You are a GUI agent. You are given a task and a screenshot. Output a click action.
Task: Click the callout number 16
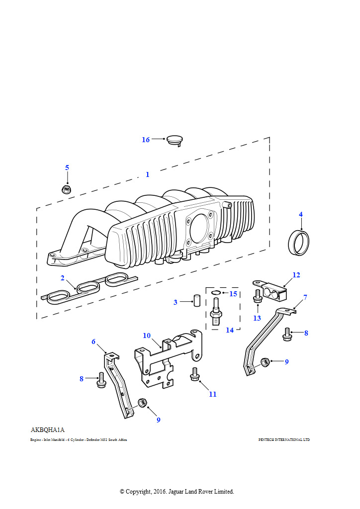pos(146,140)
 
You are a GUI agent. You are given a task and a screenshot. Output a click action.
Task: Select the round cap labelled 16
pos(174,139)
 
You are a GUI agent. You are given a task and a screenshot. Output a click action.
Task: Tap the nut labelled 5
pos(67,189)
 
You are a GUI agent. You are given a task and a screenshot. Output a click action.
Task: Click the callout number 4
pos(300,214)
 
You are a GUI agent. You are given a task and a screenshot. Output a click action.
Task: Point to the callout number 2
pos(63,277)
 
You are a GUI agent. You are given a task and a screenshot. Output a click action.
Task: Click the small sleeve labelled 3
pos(196,301)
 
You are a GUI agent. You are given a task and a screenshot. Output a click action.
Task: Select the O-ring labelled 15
pos(216,293)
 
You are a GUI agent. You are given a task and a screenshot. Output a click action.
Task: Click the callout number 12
pos(296,275)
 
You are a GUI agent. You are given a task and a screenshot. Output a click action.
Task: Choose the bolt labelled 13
pos(258,297)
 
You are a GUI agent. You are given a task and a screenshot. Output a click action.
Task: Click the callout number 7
pos(305,297)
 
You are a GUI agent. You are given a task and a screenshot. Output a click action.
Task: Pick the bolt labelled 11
pos(195,375)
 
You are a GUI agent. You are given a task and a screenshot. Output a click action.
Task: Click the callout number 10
pos(147,336)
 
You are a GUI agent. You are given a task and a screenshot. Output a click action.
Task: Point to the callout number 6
pos(93,341)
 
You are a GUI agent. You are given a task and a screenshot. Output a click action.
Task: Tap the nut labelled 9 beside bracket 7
pos(266,362)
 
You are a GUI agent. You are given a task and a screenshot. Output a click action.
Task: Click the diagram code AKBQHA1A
pos(48,429)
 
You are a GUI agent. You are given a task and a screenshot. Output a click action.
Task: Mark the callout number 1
pos(147,174)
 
